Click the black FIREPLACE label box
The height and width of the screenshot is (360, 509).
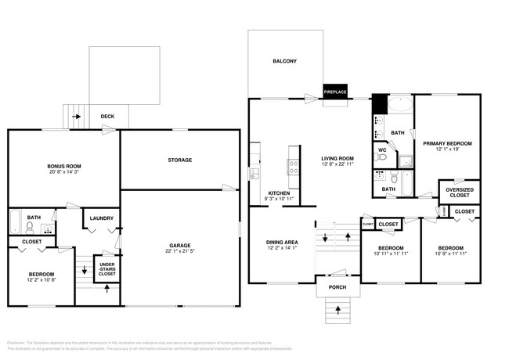tap(335, 92)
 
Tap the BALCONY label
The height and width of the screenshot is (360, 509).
tap(284, 61)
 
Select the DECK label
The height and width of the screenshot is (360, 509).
tap(108, 117)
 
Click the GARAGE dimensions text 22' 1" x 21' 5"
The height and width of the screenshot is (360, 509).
tap(180, 250)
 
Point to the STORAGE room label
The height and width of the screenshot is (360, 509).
tap(179, 160)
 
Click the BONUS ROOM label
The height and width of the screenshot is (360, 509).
tap(64, 167)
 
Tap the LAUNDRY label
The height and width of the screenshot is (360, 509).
tap(102, 218)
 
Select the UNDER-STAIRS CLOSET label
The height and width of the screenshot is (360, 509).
tap(107, 271)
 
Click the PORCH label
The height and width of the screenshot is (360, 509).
tap(337, 286)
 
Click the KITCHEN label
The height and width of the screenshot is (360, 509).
tap(280, 193)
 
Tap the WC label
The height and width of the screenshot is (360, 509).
tap(383, 150)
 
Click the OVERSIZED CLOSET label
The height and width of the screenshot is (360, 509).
tap(459, 193)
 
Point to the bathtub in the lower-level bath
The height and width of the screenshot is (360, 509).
tap(15, 223)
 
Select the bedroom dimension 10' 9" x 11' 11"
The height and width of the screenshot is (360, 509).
tap(451, 254)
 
